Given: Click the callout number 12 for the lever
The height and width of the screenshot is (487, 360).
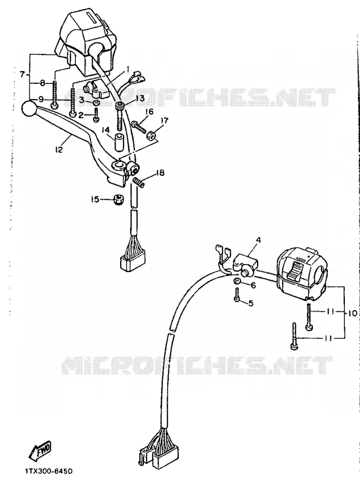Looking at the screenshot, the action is [59, 149].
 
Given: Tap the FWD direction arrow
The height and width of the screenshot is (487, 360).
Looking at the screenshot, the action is [41, 451].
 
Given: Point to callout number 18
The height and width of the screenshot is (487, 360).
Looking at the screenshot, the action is [160, 173].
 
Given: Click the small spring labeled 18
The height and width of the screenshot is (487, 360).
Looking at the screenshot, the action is [139, 182].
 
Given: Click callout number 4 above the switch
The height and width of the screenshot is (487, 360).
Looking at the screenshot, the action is [258, 240].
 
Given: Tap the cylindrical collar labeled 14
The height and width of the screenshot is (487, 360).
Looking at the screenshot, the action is [119, 142].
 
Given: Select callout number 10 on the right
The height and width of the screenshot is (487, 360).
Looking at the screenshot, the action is [352, 313].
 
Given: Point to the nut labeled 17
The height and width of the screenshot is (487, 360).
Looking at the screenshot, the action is [150, 135].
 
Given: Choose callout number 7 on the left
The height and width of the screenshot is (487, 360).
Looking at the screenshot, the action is [22, 75].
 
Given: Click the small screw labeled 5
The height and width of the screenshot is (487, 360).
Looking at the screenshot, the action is [237, 294].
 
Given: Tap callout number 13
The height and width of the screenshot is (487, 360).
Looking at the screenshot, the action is [140, 98].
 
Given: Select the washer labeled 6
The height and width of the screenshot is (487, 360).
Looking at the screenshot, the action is [237, 281].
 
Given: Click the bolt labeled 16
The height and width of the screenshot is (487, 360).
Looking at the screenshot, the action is [139, 127].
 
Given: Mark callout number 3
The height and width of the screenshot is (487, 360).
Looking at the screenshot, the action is [81, 100].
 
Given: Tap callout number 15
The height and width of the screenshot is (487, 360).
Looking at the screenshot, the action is [95, 199].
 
